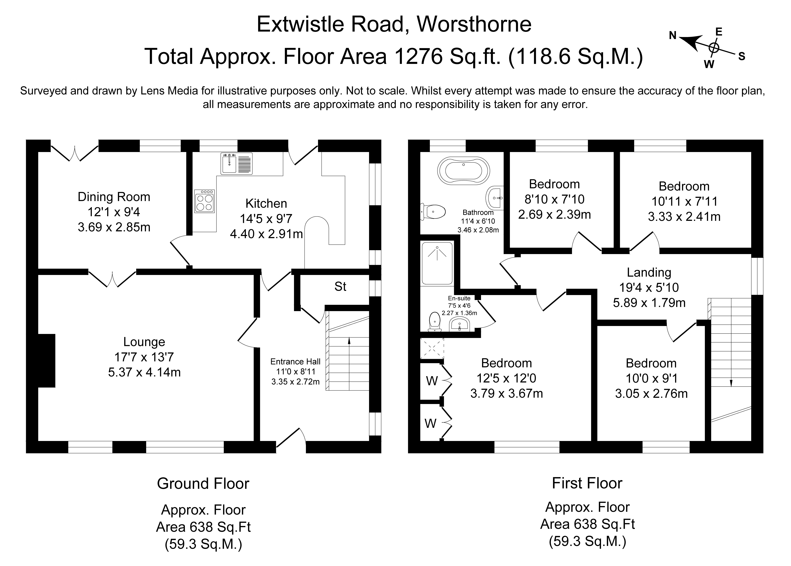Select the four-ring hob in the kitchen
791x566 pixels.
pyautogui.click(x=205, y=201)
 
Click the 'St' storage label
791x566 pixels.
pyautogui.click(x=340, y=286)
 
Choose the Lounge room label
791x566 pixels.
pyautogui.click(x=144, y=342)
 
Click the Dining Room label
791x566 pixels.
pyautogui.click(x=114, y=197)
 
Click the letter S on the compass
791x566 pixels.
pyautogui.click(x=742, y=56)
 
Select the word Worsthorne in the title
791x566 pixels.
pyautogui.click(x=474, y=24)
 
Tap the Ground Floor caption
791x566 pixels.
pyautogui.click(x=203, y=484)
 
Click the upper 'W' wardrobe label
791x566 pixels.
pyautogui.click(x=432, y=381)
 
